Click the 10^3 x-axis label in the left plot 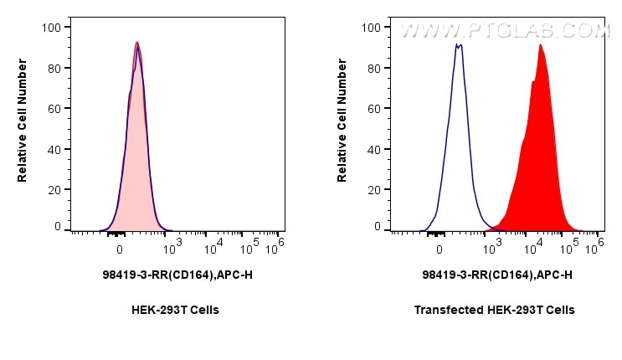(x=172, y=246)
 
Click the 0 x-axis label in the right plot (x=440, y=249)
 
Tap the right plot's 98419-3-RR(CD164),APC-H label (x=497, y=274)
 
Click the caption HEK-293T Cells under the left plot (x=175, y=310)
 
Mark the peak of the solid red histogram (x=541, y=45)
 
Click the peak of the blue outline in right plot (x=458, y=44)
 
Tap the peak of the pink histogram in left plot (x=137, y=43)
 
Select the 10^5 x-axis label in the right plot (x=572, y=246)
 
